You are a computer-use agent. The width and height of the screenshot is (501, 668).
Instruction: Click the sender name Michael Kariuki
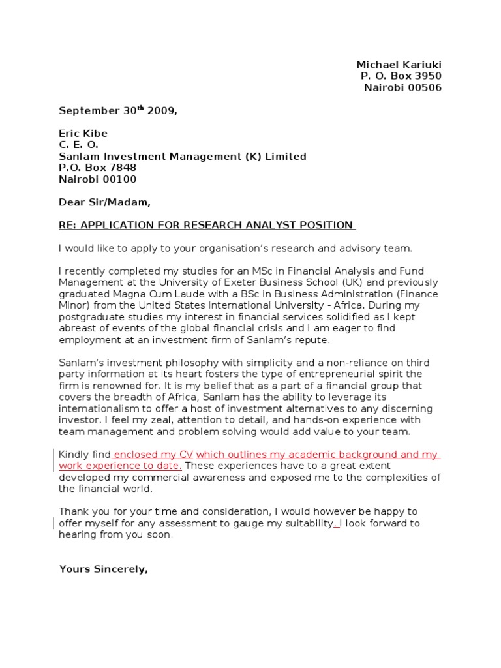[x=399, y=65]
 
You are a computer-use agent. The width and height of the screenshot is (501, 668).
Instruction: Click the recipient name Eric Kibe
[x=83, y=134]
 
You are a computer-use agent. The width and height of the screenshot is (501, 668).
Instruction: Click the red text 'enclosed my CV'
[x=153, y=455]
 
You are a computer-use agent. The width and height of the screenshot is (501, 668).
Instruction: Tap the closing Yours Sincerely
[x=103, y=569]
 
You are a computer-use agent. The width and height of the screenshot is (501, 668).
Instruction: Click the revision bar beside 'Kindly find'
[x=53, y=460]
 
